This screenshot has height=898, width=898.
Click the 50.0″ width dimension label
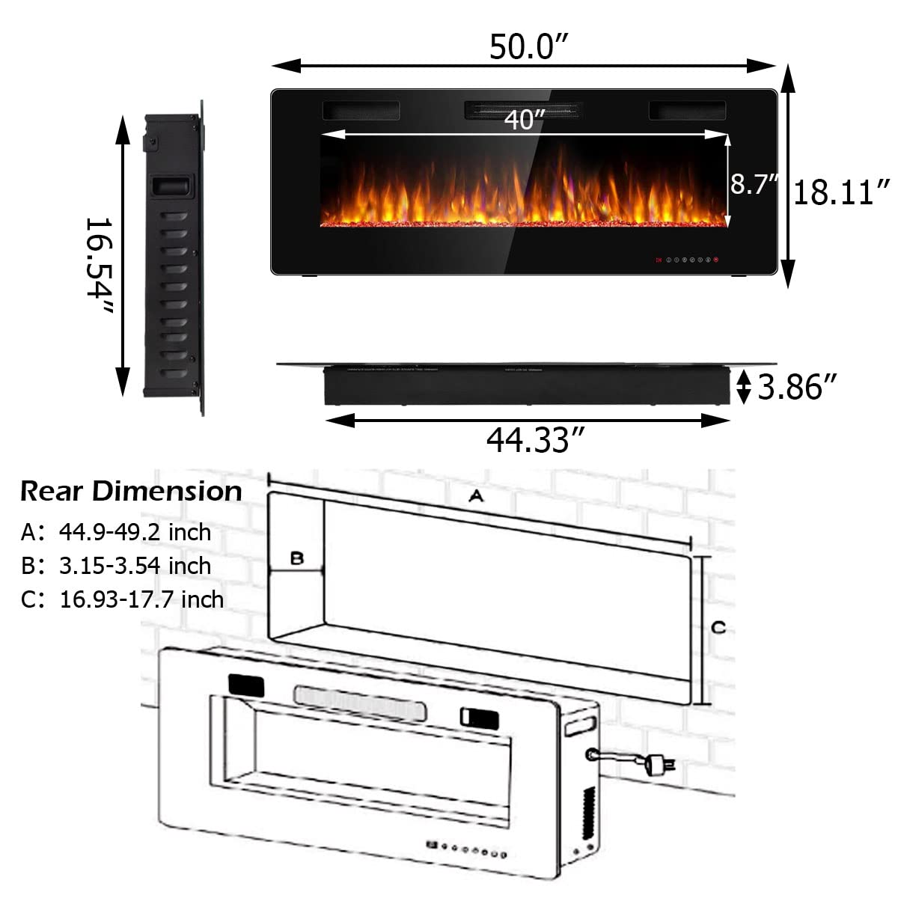[524, 46]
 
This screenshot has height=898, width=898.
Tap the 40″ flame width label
[524, 120]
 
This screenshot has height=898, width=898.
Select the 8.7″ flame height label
[754, 183]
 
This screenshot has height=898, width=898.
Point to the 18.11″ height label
[842, 192]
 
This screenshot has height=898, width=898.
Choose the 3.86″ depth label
[797, 388]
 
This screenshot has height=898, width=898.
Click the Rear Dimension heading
[131, 491]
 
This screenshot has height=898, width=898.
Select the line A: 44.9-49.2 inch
[116, 532]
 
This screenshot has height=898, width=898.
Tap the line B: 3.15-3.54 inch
[116, 566]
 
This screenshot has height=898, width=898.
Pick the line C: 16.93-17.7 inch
[122, 599]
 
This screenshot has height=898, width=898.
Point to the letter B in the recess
[297, 558]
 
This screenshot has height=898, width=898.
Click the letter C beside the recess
[718, 627]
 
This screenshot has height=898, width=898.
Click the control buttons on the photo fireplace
[687, 260]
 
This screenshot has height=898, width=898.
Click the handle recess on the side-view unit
[172, 186]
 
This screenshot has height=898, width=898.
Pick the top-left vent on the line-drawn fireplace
[245, 685]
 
